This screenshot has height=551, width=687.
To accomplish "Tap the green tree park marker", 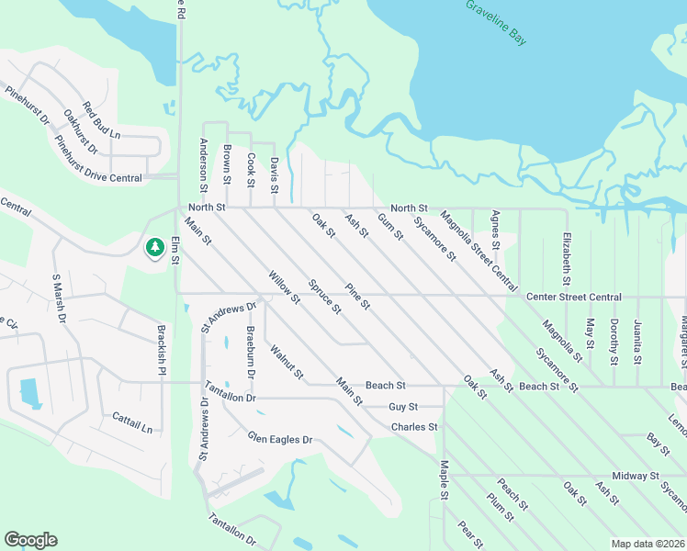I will click(153, 247).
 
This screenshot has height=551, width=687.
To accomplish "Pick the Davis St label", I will click(274, 174).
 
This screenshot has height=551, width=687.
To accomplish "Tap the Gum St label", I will click(389, 226).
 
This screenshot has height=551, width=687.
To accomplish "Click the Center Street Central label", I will click(573, 298).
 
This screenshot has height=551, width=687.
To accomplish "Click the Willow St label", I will click(284, 287).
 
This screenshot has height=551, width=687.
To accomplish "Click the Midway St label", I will click(636, 476).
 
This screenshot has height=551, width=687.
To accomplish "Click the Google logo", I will click(30, 540).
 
